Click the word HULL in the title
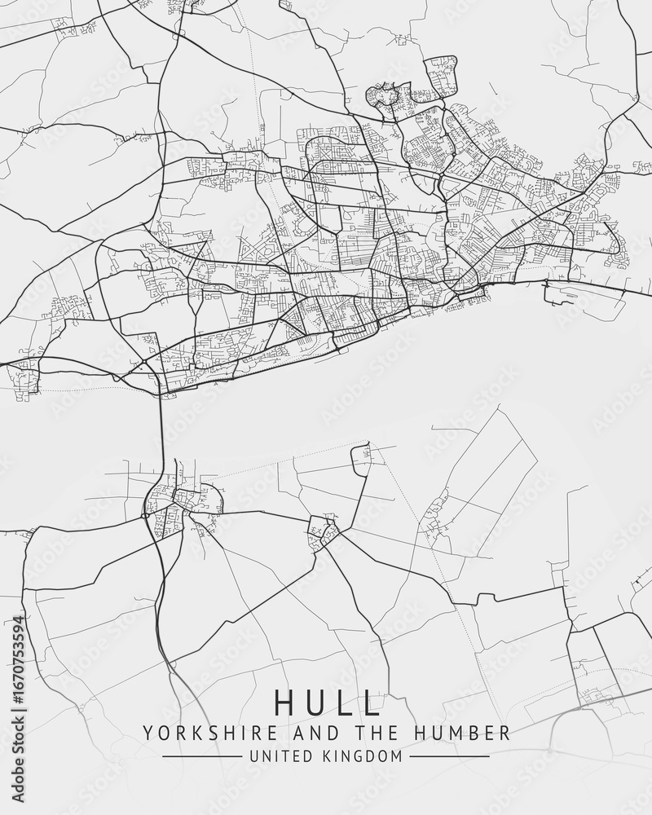click(328, 702)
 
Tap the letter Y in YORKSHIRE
click(148, 731)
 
